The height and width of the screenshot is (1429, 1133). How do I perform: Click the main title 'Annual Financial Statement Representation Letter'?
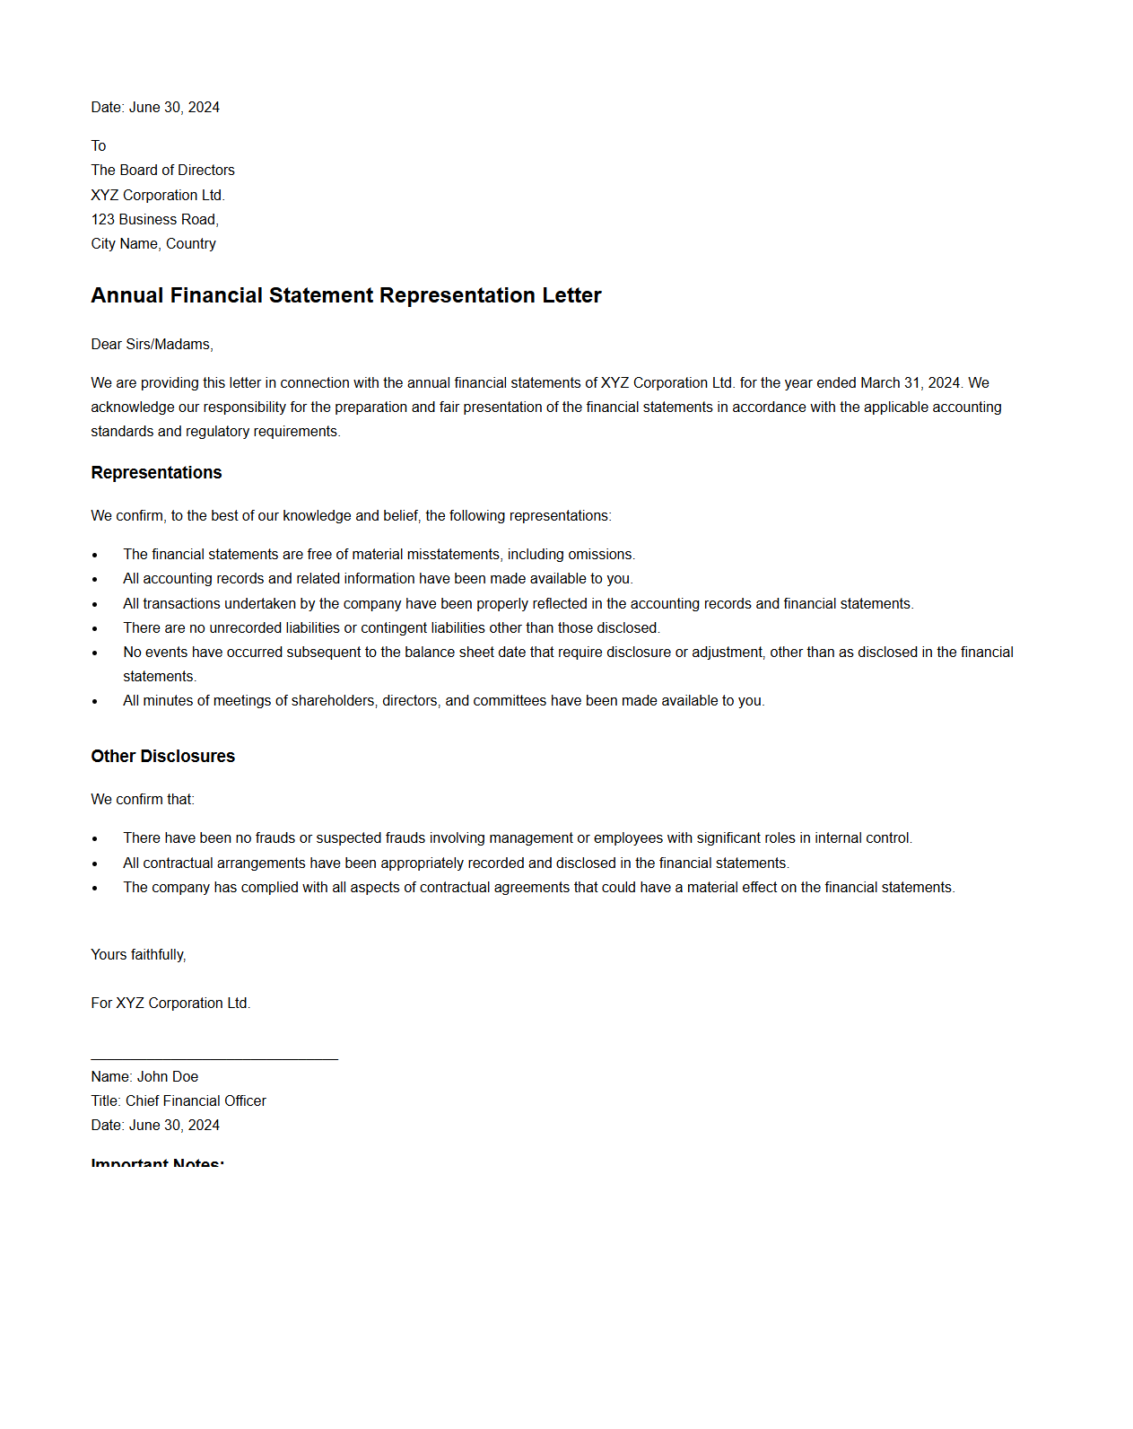345,295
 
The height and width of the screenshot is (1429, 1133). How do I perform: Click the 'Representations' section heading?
156,472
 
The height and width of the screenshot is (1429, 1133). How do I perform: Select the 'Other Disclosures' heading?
162,756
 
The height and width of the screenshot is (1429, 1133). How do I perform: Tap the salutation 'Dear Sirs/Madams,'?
152,344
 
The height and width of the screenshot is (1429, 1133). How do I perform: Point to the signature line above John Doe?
214,1059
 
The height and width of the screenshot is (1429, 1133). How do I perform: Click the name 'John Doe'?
167,1076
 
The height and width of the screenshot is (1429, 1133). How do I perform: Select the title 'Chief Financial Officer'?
196,1100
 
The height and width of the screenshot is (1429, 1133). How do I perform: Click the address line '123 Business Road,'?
154,219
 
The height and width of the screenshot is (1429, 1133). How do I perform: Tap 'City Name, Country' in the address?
153,243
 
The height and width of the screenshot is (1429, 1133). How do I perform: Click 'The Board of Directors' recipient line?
162,170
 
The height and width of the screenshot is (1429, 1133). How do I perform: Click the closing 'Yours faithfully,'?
138,954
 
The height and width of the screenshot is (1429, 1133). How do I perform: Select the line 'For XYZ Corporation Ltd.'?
170,1003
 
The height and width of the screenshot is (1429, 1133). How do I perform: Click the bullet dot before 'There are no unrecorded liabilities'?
95,628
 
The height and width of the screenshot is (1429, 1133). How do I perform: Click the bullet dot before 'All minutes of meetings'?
95,701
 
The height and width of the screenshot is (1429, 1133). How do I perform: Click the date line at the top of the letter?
155,107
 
